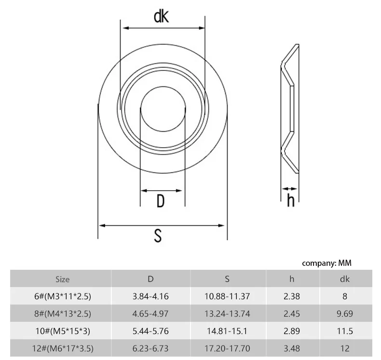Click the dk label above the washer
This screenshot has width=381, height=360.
tap(161, 17)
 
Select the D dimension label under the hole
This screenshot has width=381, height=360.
tap(161, 201)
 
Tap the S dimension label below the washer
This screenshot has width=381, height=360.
tap(158, 236)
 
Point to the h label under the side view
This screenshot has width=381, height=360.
tap(290, 200)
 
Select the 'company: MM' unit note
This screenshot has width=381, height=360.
tap(327, 263)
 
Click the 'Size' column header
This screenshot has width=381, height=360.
tap(62, 279)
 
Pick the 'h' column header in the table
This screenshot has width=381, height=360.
tap(292, 279)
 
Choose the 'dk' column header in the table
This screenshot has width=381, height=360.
tap(345, 279)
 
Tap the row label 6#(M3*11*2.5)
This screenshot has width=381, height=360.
tap(63, 296)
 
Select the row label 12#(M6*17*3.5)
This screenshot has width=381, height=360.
tap(63, 348)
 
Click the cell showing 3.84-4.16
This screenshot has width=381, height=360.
tap(150, 296)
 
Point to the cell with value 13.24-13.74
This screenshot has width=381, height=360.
tap(227, 314)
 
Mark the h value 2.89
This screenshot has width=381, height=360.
tap(292, 331)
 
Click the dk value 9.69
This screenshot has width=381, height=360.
tap(345, 314)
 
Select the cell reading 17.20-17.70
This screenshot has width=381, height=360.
tap(227, 348)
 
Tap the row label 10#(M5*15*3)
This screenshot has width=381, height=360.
tap(63, 331)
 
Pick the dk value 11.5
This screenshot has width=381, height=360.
tap(345, 331)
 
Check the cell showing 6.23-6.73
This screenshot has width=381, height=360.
tap(150, 348)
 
